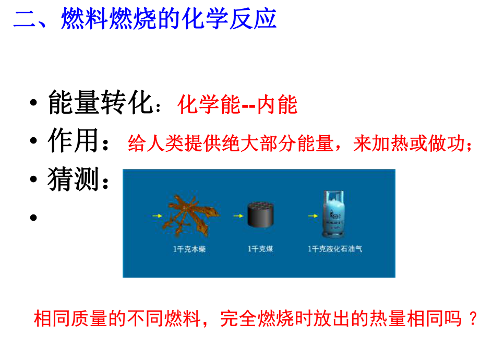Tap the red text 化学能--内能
click(x=237, y=105)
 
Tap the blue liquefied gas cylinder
click(x=333, y=214)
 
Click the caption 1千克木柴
click(x=190, y=249)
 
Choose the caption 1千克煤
click(x=260, y=249)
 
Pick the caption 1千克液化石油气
click(x=335, y=249)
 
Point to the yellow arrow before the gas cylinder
click(x=311, y=214)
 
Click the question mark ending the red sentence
click(x=473, y=318)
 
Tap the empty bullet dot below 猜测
click(x=34, y=217)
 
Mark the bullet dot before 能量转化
click(x=34, y=103)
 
